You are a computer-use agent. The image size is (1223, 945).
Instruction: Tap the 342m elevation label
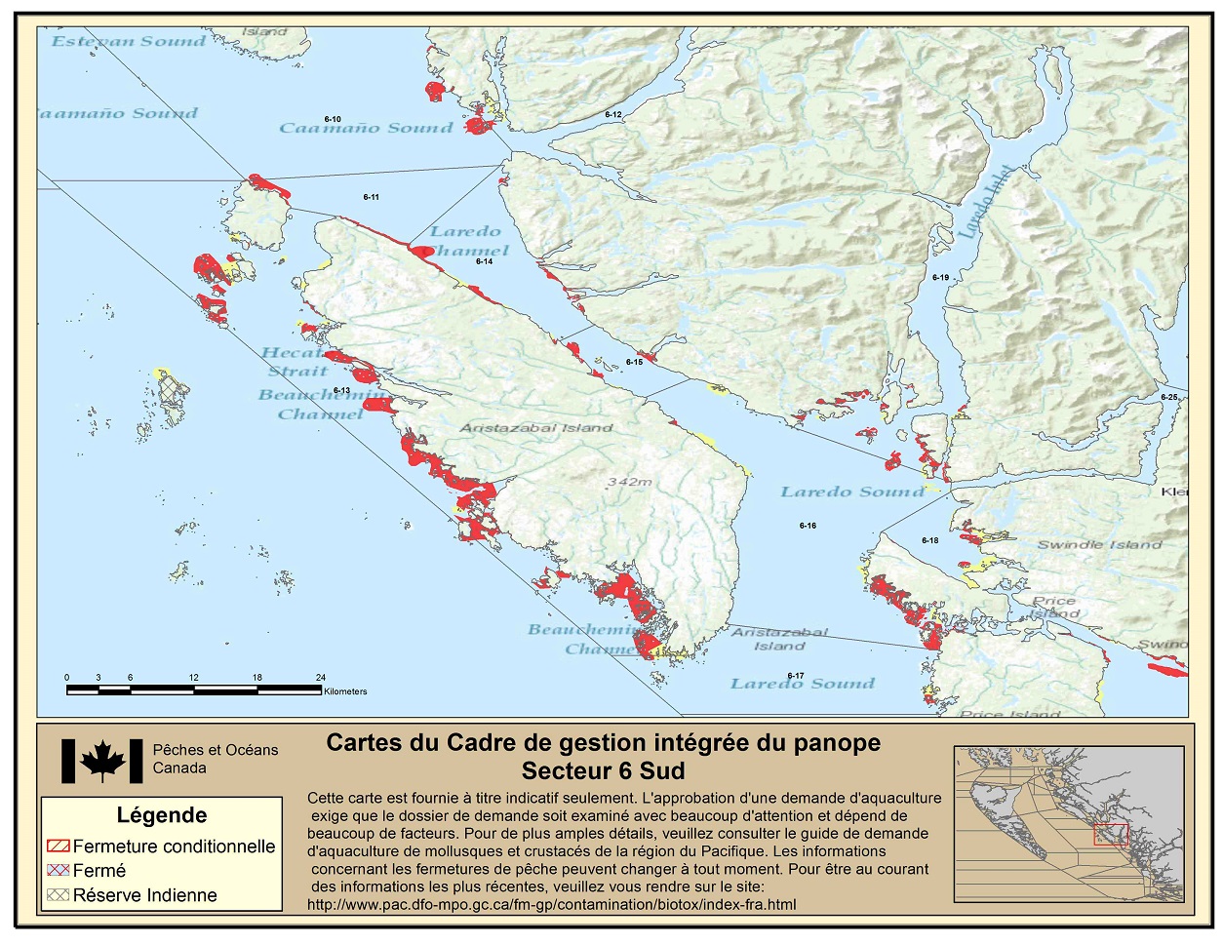(629, 482)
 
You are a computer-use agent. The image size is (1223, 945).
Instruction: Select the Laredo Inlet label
(986, 203)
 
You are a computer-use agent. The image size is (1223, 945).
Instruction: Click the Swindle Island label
(1099, 544)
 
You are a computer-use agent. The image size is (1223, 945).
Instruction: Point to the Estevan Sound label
(128, 41)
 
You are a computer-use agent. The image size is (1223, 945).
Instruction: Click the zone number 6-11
(371, 197)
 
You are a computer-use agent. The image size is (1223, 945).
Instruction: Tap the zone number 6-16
(808, 526)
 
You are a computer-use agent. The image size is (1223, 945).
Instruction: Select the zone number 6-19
(940, 278)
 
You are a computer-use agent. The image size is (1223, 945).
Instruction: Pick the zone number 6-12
(612, 115)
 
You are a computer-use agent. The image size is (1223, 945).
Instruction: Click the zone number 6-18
(929, 540)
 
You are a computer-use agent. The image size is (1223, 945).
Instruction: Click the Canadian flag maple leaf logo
(102, 761)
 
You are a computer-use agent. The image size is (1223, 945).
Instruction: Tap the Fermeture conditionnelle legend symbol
(58, 847)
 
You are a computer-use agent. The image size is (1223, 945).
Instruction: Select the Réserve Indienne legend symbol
(58, 895)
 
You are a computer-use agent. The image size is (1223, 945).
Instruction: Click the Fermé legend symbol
(58, 871)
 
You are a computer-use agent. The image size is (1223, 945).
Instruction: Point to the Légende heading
(162, 815)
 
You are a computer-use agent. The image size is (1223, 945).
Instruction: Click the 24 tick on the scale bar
(321, 677)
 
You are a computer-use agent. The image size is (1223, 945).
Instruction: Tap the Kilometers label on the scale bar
(345, 691)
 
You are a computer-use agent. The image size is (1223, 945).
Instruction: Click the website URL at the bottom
(551, 904)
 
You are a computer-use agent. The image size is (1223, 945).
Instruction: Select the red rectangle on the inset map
(1110, 834)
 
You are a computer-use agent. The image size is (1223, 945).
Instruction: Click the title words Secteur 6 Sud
(603, 770)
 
